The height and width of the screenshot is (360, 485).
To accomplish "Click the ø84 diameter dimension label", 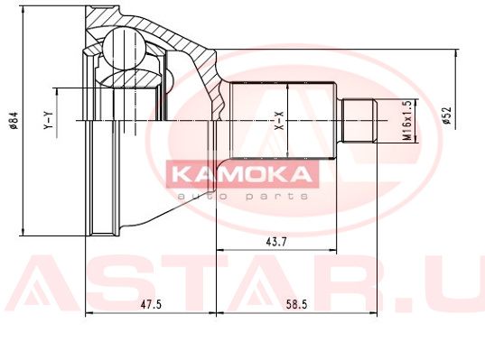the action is pyautogui.click(x=14, y=121).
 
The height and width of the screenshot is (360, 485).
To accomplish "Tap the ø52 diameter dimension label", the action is pyautogui.click(x=447, y=115).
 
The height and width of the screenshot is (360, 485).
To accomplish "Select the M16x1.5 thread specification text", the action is pyautogui.click(x=408, y=121).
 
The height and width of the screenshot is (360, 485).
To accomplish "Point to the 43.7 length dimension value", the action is pyautogui.click(x=276, y=242).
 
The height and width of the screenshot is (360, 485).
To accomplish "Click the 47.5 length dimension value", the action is pyautogui.click(x=151, y=305).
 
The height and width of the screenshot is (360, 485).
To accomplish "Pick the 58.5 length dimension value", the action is pyautogui.click(x=296, y=305).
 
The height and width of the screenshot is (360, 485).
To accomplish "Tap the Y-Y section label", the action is pyautogui.click(x=49, y=121).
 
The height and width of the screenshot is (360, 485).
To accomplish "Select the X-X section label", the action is pyautogui.click(x=280, y=121).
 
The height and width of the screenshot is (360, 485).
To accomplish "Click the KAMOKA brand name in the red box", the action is pyautogui.click(x=242, y=174).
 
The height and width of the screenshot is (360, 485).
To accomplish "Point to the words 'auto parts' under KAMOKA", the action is pyautogui.click(x=243, y=196).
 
